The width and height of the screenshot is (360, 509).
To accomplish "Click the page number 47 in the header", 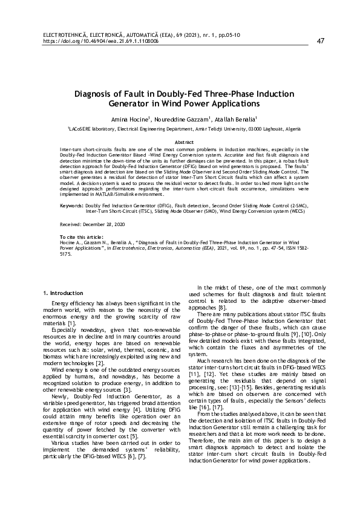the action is coord(321,41).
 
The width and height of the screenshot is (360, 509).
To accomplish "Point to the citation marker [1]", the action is coord(71,324).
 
